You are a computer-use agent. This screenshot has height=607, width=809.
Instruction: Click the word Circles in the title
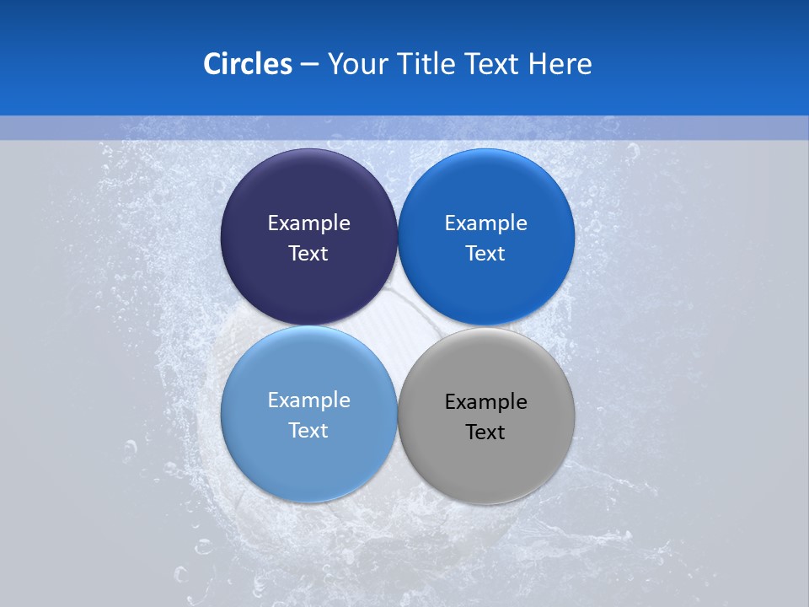click(247, 64)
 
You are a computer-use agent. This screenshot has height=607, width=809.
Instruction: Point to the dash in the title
click(309, 65)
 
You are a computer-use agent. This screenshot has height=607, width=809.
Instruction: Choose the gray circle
click(486, 464)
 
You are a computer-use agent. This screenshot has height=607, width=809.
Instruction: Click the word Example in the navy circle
click(308, 223)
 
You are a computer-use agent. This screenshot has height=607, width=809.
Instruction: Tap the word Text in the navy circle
click(308, 254)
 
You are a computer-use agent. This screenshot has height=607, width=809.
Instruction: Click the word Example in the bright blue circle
click(486, 223)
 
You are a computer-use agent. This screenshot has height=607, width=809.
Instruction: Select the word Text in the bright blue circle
click(486, 254)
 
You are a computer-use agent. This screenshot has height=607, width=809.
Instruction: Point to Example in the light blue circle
click(308, 400)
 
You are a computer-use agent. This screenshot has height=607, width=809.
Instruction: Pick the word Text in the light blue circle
click(308, 431)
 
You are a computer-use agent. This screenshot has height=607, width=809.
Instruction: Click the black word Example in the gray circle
click(486, 402)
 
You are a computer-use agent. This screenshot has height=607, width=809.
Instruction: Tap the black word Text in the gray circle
click(486, 432)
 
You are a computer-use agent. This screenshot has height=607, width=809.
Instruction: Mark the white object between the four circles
click(397, 325)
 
